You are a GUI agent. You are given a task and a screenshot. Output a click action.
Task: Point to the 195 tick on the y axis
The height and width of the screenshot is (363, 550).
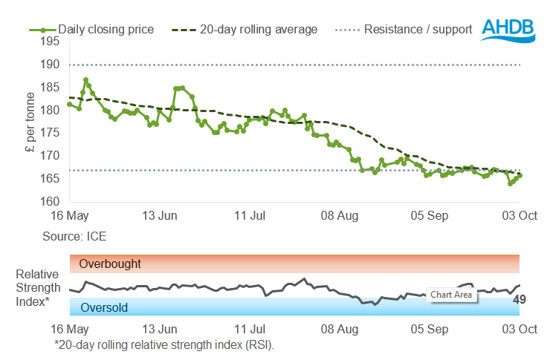tap(49, 42)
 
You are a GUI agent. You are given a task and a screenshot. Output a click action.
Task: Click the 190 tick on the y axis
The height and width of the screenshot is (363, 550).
tap(49, 65)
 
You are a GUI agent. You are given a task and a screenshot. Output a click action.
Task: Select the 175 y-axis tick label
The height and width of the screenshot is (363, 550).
tap(49, 133)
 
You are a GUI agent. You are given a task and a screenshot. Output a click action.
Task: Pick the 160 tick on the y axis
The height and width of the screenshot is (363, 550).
tap(49, 201)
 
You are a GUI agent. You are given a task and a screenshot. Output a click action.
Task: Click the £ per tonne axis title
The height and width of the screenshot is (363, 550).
tap(30, 122)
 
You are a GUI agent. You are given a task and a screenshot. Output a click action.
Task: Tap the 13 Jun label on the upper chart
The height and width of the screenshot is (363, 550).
tap(160, 216)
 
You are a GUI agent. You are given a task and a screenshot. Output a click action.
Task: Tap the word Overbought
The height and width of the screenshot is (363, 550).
tap(110, 264)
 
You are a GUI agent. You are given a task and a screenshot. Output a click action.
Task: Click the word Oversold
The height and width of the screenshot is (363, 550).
tap(103, 307)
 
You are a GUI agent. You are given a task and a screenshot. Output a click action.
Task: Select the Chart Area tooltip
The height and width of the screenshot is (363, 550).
tap(451, 295)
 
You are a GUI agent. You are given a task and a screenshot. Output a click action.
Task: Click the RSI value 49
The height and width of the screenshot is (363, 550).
tap(520, 300)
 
